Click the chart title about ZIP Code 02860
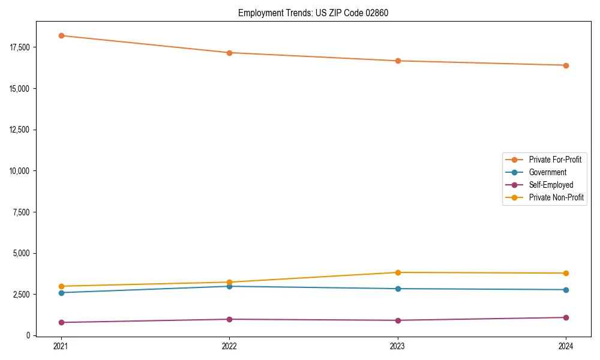tap(313, 13)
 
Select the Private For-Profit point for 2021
tap(61, 35)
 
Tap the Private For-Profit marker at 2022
tap(229, 53)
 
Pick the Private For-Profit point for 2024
tap(566, 65)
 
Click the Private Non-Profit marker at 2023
tap(398, 272)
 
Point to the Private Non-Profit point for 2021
tap(61, 286)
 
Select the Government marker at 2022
tap(229, 286)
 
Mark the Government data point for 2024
tap(566, 290)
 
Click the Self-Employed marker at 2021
tap(61, 322)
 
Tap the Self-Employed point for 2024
tap(566, 317)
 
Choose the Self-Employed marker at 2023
tap(398, 320)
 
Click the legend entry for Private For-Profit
tap(554, 160)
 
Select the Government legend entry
tap(547, 172)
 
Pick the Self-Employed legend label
tap(551, 185)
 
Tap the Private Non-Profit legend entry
tap(556, 197)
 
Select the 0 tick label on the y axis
tap(28, 335)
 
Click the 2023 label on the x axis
tap(398, 346)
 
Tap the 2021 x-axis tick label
tap(61, 346)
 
